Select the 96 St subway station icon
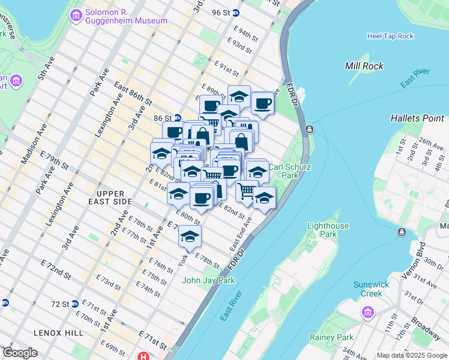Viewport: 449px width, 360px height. click(236, 13)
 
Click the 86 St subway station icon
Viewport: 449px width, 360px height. click(178, 118)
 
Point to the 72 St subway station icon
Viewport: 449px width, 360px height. click(74, 304)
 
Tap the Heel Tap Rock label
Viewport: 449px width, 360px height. click(390, 36)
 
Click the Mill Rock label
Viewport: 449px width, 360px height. click(364, 66)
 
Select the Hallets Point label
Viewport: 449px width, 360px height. click(417, 118)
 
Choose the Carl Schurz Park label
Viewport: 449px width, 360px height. click(290, 172)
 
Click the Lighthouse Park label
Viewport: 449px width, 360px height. click(328, 230)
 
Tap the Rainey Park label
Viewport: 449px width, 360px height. click(331, 337)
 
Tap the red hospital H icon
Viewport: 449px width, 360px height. click(143, 355)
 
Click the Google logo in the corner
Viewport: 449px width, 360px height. click(20, 353)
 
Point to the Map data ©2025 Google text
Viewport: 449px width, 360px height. click(411, 355)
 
